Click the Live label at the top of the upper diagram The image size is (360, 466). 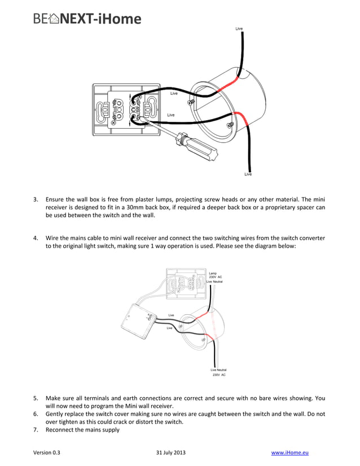click(x=239, y=28)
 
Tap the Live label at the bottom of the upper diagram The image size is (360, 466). click(x=248, y=174)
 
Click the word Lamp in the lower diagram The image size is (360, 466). click(x=213, y=273)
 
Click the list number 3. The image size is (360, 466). click(x=35, y=199)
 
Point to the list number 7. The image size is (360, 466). click(x=35, y=430)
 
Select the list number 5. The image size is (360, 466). click(x=35, y=398)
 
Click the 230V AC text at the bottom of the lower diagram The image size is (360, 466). click(x=219, y=375)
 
